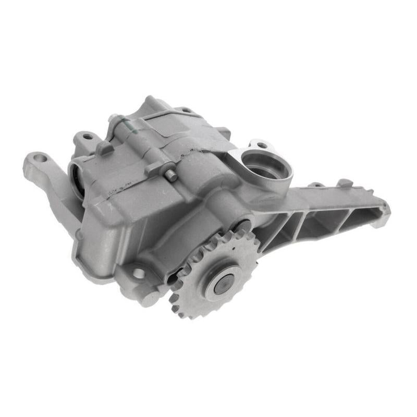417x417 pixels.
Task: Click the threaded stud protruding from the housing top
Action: coord(170,176)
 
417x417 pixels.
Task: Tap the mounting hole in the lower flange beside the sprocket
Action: coord(138,273)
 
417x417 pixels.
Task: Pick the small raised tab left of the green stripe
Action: coord(104,148)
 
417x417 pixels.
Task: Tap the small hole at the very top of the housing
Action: coord(185,110)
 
